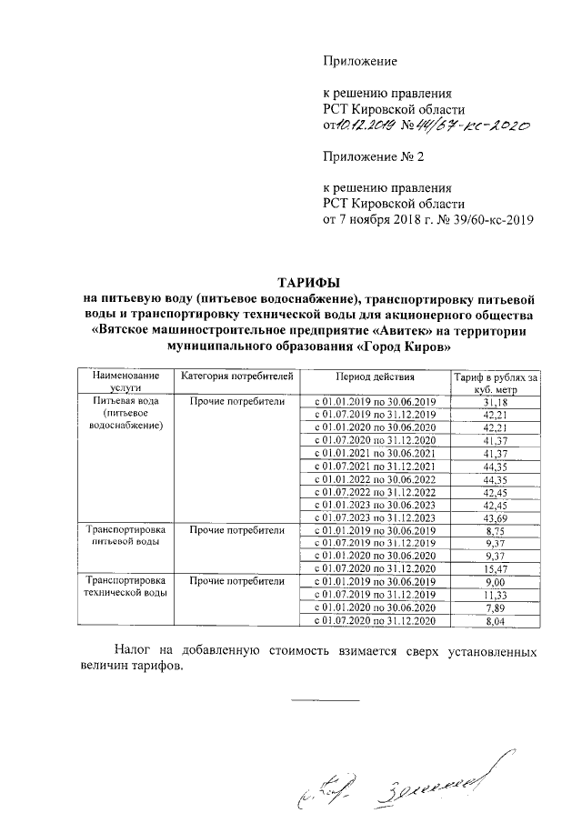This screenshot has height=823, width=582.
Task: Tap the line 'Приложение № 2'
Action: coord(374,156)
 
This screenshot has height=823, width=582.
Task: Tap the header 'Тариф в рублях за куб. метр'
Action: coord(497,382)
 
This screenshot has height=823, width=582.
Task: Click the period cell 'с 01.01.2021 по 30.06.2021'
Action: coord(376,453)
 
